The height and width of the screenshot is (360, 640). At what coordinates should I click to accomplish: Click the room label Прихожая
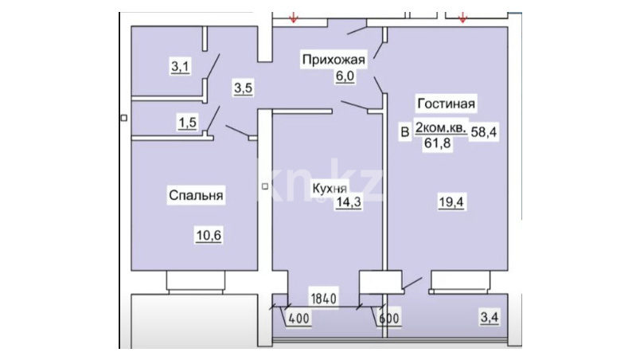(x=334, y=60)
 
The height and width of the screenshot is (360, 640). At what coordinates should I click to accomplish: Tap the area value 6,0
(x=345, y=76)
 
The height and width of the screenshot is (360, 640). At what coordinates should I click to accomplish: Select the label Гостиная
(x=446, y=104)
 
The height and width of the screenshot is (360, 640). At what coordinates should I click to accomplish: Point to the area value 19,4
(x=451, y=202)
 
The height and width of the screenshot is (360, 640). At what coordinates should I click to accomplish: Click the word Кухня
(x=330, y=188)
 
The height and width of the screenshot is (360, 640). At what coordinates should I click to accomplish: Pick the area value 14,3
(x=349, y=202)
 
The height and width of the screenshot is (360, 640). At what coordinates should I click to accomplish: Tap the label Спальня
(x=196, y=195)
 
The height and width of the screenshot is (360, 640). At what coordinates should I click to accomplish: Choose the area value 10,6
(x=209, y=236)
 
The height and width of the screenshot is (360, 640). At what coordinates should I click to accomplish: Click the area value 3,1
(x=180, y=66)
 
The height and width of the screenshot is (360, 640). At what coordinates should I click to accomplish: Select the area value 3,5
(x=244, y=88)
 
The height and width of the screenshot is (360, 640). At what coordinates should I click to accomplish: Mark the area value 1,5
(x=187, y=122)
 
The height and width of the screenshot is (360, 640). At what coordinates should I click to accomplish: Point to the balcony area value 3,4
(x=490, y=317)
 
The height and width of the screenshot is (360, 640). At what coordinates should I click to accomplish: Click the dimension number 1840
(x=324, y=299)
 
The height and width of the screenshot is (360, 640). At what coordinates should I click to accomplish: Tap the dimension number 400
(x=299, y=318)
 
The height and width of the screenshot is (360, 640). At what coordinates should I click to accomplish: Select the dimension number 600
(x=389, y=318)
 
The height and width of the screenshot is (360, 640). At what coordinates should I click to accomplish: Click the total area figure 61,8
(x=438, y=143)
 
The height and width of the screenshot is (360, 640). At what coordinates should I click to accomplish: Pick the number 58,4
(x=484, y=132)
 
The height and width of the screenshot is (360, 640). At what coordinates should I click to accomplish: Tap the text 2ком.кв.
(x=441, y=127)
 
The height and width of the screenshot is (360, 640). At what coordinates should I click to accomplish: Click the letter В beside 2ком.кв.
(x=404, y=132)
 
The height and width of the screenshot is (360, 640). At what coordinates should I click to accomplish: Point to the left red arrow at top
(x=293, y=18)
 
